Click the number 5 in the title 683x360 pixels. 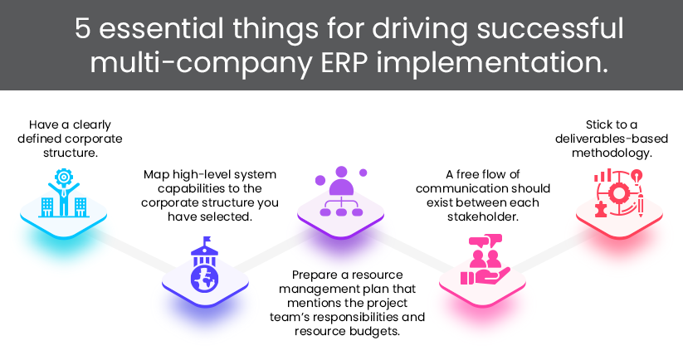[84, 29]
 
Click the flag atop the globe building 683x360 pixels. [202, 241]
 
